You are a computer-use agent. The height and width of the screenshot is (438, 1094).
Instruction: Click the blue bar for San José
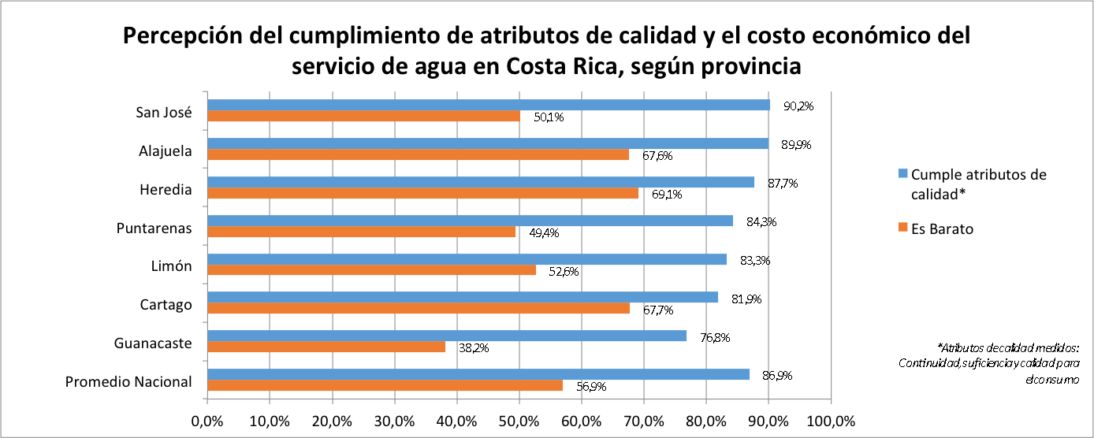[x=489, y=105]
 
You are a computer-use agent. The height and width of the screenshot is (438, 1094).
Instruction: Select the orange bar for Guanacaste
[x=326, y=347]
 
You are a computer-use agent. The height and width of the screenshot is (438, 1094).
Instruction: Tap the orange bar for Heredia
[x=423, y=193]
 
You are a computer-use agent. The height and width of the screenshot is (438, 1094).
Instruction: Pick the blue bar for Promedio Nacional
[x=478, y=374]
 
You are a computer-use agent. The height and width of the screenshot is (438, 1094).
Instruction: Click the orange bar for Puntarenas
[x=362, y=232]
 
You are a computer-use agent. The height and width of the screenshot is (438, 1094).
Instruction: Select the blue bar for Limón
[x=467, y=259]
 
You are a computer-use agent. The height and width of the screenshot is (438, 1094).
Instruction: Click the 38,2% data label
[x=473, y=347]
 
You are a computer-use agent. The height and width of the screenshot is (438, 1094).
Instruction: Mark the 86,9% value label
[x=776, y=376]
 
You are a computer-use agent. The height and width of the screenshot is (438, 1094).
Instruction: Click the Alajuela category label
[x=166, y=150]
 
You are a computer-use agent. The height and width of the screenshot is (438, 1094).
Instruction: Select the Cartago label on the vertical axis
[x=167, y=304]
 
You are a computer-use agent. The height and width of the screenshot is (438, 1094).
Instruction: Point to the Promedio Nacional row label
[x=128, y=381]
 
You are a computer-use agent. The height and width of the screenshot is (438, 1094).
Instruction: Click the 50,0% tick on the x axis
[x=519, y=421]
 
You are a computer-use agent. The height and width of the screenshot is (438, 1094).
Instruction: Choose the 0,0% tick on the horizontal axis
[x=207, y=421]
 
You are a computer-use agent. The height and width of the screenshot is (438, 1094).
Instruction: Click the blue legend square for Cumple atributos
[x=903, y=174]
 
